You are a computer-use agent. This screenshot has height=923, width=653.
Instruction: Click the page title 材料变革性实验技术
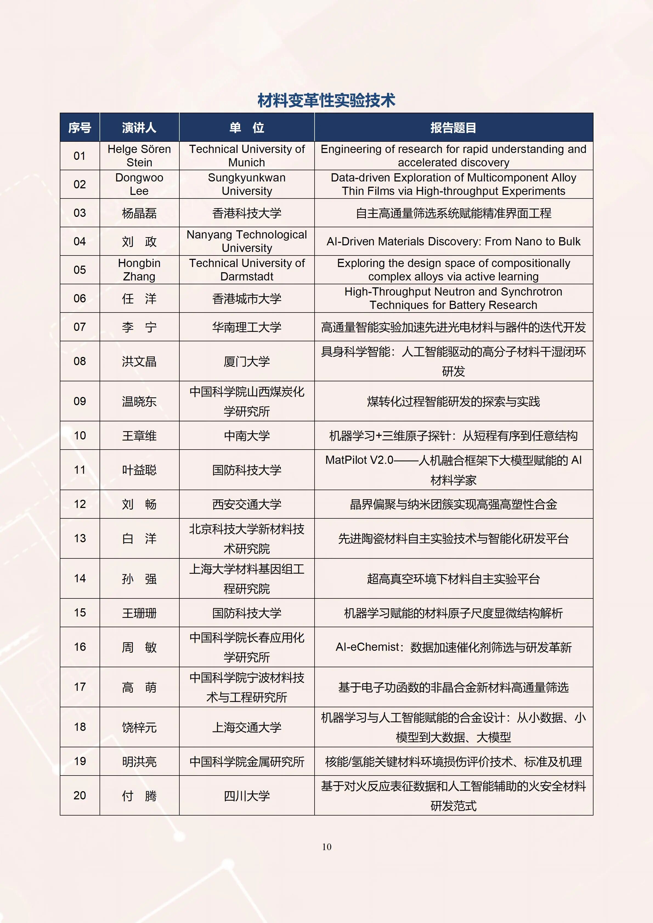point(326,101)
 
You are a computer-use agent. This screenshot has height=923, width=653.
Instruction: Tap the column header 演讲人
point(139,128)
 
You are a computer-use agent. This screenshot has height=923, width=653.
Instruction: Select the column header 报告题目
point(453,128)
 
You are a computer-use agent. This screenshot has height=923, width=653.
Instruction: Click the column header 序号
point(80,128)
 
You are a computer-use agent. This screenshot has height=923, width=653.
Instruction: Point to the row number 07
point(80,327)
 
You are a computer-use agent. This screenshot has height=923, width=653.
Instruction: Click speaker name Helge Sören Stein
point(139,156)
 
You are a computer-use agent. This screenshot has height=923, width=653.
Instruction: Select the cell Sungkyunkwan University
point(247,184)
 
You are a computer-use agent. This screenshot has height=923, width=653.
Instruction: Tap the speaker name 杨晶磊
point(139,213)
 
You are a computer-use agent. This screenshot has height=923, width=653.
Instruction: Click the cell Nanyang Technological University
point(247,241)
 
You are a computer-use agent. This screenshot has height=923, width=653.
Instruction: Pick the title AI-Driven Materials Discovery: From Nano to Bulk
point(453,241)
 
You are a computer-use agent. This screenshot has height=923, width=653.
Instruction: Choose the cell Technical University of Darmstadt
point(247,270)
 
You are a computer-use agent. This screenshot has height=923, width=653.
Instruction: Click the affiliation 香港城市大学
point(247,298)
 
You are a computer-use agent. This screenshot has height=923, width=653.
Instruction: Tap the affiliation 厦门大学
point(247,361)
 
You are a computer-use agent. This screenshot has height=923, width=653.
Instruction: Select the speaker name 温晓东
point(139,401)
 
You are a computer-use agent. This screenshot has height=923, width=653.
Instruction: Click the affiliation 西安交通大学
point(247,504)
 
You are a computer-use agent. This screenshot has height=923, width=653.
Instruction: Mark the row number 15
point(80,613)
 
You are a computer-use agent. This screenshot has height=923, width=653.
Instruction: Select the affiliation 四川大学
point(247,796)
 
